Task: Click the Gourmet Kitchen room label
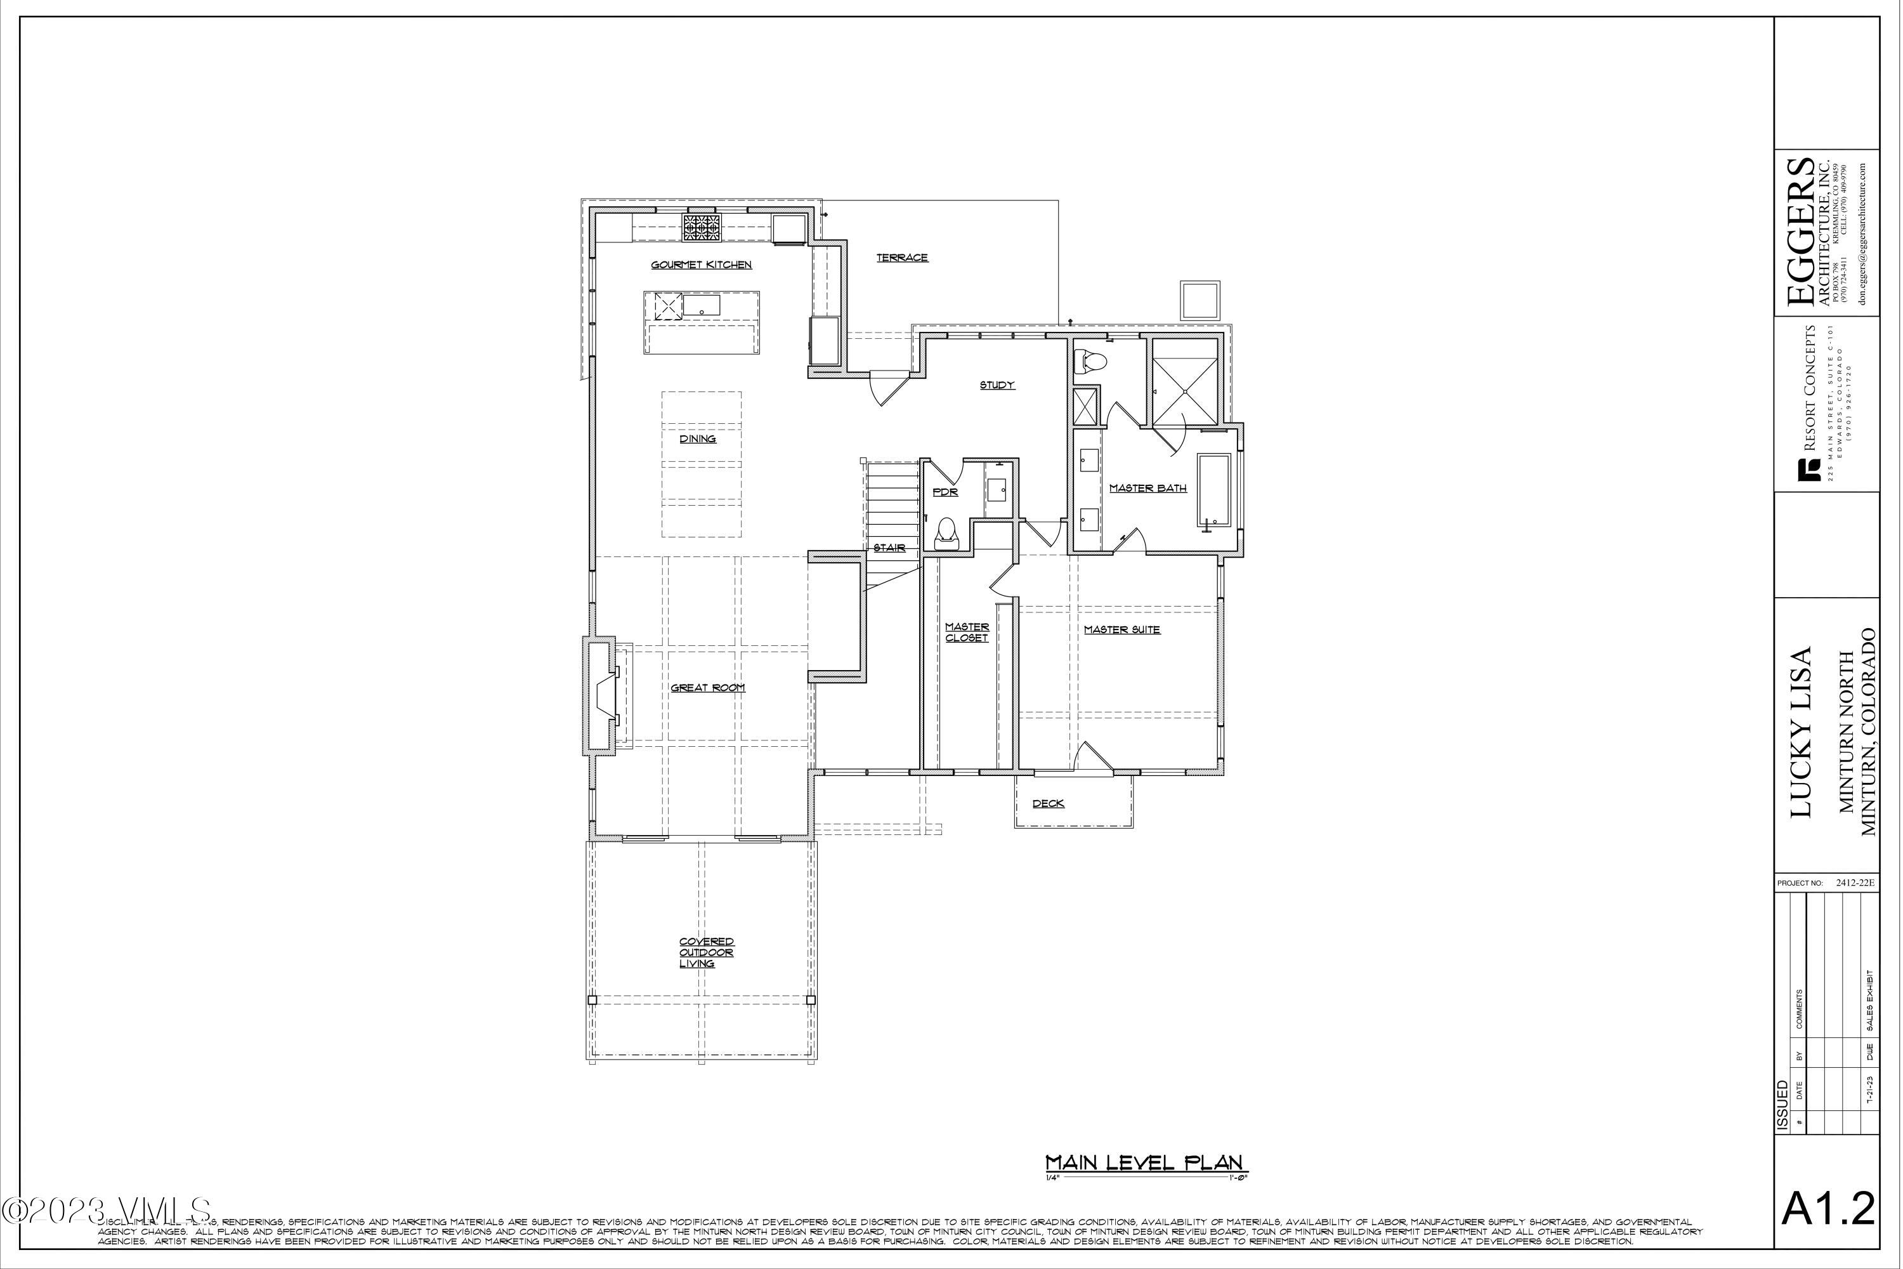[x=702, y=265]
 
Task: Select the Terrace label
[x=902, y=258]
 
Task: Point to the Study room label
[x=997, y=385]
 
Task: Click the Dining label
[x=697, y=438]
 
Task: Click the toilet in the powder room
[x=946, y=534]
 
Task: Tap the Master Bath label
[x=1148, y=488]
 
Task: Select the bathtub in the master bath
[x=1213, y=490]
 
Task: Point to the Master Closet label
[x=967, y=632]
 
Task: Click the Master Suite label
[x=1122, y=629]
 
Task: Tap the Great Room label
[x=707, y=688]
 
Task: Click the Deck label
[x=1048, y=804]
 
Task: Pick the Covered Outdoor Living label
[x=707, y=952]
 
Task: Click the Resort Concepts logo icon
[x=1803, y=470]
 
